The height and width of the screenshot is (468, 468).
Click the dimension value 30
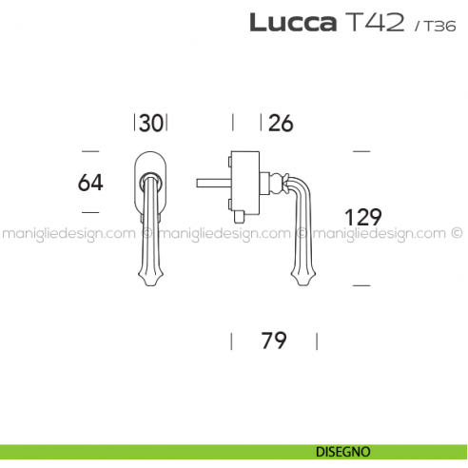pos(150,123)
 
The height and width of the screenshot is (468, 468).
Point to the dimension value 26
pos(280,123)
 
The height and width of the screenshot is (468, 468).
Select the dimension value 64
pos(89,181)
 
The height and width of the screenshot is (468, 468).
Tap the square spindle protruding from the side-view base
pos(211,181)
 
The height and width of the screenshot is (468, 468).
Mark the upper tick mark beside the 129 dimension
pos(361,151)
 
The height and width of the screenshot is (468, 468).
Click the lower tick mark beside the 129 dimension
pos(361,283)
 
